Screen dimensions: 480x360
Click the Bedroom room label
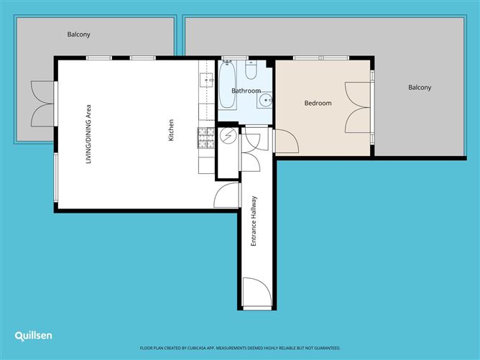click(x=318, y=103)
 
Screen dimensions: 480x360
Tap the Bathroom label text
click(x=246, y=91)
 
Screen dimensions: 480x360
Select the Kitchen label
click(x=171, y=130)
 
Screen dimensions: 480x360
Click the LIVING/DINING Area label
click(x=88, y=134)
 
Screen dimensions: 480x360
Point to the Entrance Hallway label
click(x=253, y=221)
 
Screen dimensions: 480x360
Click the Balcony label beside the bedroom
click(x=420, y=88)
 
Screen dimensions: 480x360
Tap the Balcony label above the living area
click(x=78, y=34)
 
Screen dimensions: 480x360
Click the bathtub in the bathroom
click(x=227, y=85)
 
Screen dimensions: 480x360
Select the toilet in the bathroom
click(x=251, y=70)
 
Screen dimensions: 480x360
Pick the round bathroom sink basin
click(x=264, y=100)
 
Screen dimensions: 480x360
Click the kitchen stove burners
click(x=206, y=138)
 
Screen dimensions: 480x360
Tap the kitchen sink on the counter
click(x=207, y=80)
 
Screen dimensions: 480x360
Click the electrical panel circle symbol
click(x=229, y=136)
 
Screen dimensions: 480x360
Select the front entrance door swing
click(x=257, y=292)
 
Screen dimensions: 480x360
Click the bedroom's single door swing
click(x=287, y=141)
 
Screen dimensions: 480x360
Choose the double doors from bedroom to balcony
click(x=358, y=108)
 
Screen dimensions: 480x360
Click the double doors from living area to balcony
click(x=43, y=103)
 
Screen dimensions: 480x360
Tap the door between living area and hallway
click(x=226, y=195)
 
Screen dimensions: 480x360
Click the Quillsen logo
click(x=33, y=336)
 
